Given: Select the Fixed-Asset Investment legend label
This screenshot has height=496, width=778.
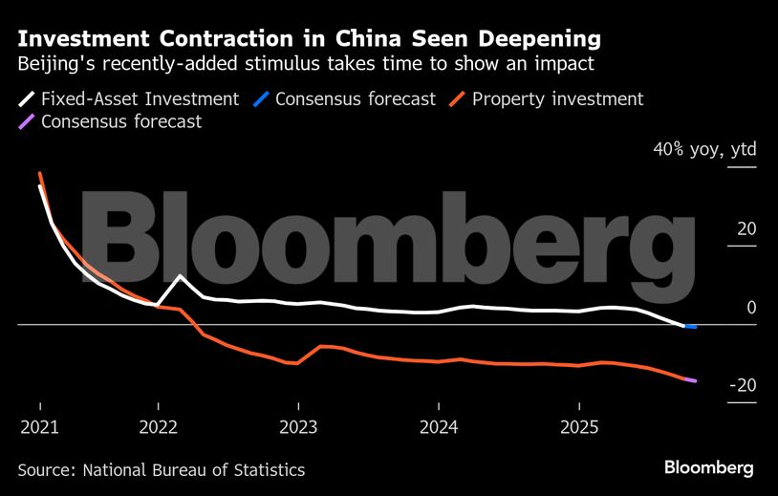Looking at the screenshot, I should [140, 98].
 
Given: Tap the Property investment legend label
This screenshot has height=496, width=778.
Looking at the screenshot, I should [557, 98].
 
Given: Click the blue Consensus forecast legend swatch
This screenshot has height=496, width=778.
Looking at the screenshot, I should [264, 98].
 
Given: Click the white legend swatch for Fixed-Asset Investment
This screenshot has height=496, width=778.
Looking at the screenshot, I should [27, 98].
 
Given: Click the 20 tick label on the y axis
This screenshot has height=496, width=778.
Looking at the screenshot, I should [746, 229].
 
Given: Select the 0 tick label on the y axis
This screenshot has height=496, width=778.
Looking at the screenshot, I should [751, 308].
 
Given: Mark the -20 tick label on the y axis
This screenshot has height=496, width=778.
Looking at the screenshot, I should [742, 386].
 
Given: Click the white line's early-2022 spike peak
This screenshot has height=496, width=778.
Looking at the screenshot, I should [181, 276].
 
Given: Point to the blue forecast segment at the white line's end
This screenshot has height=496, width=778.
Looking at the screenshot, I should [690, 327].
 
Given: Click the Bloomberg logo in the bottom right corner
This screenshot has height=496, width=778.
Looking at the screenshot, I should [709, 468].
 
